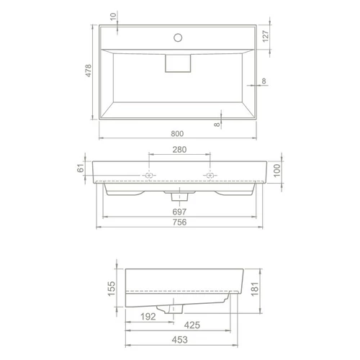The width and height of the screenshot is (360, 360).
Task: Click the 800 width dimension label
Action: (177, 133)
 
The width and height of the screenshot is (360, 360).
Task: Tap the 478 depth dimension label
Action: (89, 71)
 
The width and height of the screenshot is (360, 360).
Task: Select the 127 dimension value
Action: (266, 37)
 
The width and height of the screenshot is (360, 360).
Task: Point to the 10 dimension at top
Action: (113, 17)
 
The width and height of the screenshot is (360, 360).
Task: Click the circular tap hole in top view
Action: (178, 37)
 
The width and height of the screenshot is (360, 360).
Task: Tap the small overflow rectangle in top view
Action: (178, 63)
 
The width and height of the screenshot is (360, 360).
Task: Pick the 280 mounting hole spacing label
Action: (179, 150)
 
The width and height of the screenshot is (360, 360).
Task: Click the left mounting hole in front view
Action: (149, 176)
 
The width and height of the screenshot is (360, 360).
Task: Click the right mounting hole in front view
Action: (210, 176)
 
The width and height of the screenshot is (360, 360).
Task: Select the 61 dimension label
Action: (81, 168)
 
